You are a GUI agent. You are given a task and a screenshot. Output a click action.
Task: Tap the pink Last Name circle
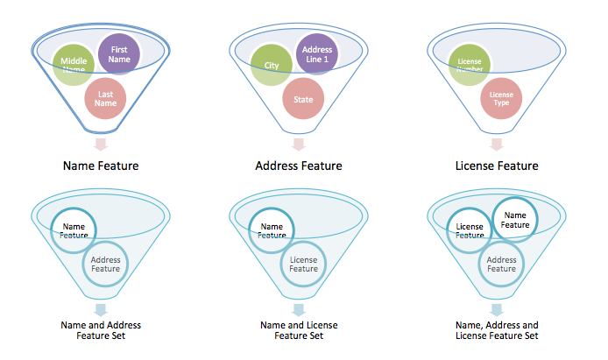[x=106, y=97]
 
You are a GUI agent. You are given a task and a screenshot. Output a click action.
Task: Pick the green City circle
[x=272, y=65]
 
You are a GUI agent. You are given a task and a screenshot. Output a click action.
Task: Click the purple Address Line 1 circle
[x=316, y=54]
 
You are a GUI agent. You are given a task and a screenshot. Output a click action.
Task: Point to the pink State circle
[x=303, y=99]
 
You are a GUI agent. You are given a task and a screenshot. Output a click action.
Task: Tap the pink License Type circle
[x=501, y=98]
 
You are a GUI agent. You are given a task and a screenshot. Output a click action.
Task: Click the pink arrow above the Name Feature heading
[x=101, y=145]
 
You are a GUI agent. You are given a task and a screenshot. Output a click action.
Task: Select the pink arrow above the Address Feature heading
[x=299, y=145]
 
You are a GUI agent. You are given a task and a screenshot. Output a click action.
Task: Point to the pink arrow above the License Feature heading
[x=497, y=145]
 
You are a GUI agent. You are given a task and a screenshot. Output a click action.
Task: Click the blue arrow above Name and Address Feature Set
[x=101, y=308]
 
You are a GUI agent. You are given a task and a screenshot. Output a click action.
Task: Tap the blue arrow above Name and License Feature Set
[x=299, y=308]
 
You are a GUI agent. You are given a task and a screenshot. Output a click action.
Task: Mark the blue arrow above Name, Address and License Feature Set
[x=497, y=308]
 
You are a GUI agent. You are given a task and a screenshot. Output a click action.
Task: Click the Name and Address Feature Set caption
[x=101, y=330]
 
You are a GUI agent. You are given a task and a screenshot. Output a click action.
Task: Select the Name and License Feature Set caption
[x=299, y=330]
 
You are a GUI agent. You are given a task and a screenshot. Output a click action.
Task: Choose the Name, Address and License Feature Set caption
[x=497, y=330]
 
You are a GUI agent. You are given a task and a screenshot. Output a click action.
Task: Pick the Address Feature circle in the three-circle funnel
[x=501, y=264]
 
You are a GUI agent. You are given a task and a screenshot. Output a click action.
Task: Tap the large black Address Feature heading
[x=299, y=166]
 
